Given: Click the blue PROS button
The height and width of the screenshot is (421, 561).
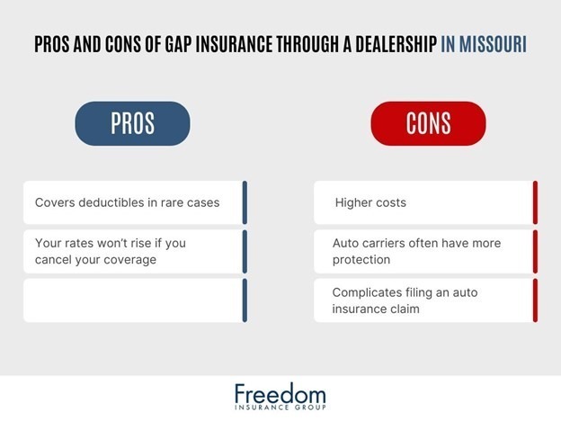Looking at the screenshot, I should click(x=132, y=123).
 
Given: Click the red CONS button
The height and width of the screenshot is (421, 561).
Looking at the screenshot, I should click(x=428, y=123).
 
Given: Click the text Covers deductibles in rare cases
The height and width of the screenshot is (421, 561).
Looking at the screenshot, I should click(x=127, y=202).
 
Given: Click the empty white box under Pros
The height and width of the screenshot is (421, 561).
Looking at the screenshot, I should click(x=132, y=300).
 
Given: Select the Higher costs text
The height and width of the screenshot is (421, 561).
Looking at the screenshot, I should click(x=370, y=202).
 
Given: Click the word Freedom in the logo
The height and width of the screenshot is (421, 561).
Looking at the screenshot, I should click(x=280, y=394).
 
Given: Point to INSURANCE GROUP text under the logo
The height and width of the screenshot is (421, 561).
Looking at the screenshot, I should click(x=280, y=409).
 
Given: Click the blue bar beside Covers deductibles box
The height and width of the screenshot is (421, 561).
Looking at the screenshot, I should click(x=245, y=202).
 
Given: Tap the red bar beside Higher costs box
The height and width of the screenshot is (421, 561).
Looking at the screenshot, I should click(x=535, y=202).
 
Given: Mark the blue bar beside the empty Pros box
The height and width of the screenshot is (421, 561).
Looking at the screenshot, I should click(x=245, y=300).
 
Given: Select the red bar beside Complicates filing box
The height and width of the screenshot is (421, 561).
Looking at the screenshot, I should click(x=535, y=300).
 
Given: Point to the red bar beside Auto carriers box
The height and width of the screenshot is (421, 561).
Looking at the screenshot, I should click(x=535, y=252).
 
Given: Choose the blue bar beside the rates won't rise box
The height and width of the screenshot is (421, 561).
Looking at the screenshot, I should click(x=245, y=252).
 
